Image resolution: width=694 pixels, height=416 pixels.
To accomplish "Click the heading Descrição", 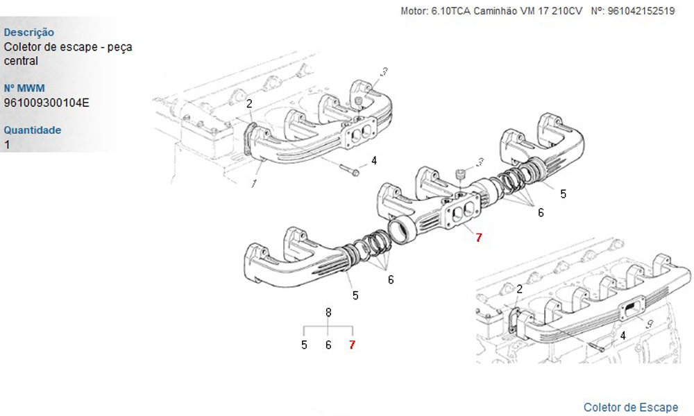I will pyautogui.click(x=29, y=33).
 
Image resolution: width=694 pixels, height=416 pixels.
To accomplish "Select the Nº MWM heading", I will pyautogui.click(x=24, y=89).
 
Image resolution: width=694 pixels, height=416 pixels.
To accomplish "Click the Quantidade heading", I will pyautogui.click(x=33, y=130).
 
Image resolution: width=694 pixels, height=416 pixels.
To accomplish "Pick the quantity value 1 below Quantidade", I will pyautogui.click(x=7, y=145).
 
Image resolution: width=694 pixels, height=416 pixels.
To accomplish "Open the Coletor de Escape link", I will pyautogui.click(x=630, y=407).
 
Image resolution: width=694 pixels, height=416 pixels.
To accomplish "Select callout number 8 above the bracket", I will pyautogui.click(x=328, y=313).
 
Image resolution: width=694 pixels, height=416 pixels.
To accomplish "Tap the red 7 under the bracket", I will pyautogui.click(x=352, y=345).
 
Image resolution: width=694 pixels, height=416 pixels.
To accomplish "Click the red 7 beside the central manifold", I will pyautogui.click(x=478, y=237).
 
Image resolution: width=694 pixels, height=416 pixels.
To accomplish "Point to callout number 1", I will pyautogui.click(x=254, y=184).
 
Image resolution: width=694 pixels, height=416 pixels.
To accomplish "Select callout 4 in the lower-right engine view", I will pyautogui.click(x=623, y=336).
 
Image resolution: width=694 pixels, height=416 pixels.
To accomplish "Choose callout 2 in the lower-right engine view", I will pyautogui.click(x=519, y=289).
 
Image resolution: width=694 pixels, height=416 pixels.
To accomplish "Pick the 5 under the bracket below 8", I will pyautogui.click(x=304, y=345).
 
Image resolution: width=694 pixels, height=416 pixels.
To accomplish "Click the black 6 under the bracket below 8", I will pyautogui.click(x=328, y=345).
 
